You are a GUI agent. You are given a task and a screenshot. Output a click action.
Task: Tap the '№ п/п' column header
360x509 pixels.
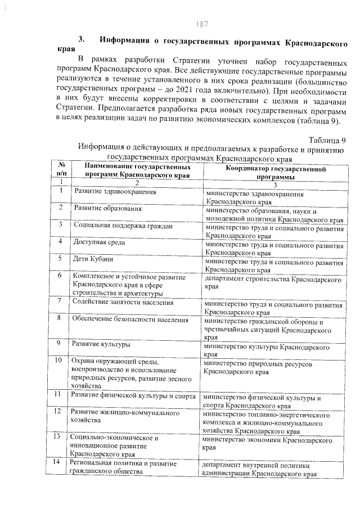pyautogui.click(x=60, y=172)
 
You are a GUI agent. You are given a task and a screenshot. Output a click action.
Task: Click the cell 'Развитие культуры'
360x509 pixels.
pyautogui.click(x=102, y=343)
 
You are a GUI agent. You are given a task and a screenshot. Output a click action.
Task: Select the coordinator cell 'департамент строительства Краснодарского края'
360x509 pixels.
pyautogui.click(x=273, y=282)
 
